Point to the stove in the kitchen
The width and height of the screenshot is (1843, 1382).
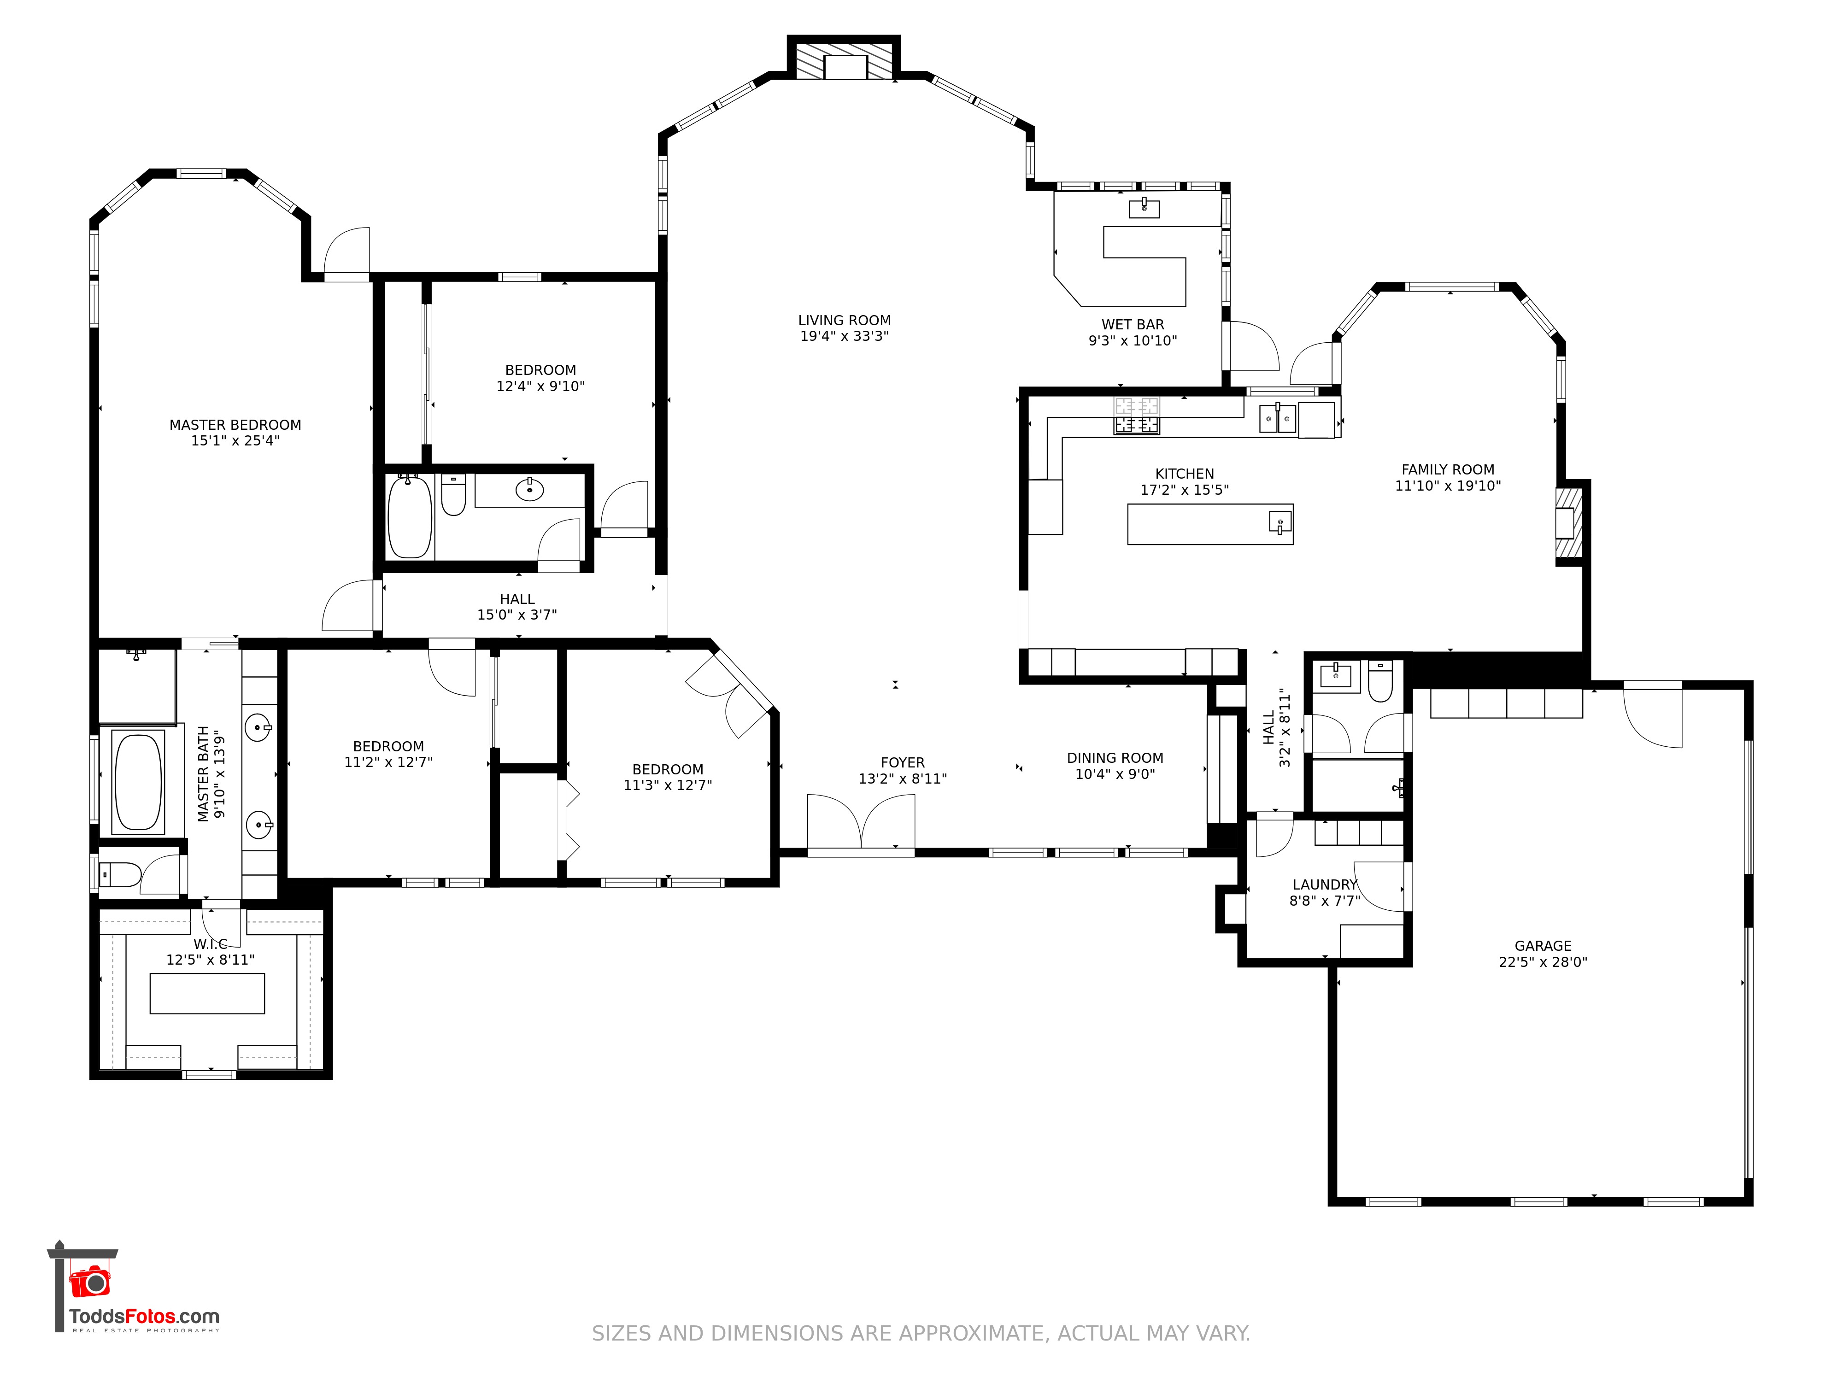click(1137, 416)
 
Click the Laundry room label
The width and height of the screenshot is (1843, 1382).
click(1324, 884)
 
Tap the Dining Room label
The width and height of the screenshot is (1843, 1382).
click(1115, 758)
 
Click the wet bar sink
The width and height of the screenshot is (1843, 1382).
click(1144, 207)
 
